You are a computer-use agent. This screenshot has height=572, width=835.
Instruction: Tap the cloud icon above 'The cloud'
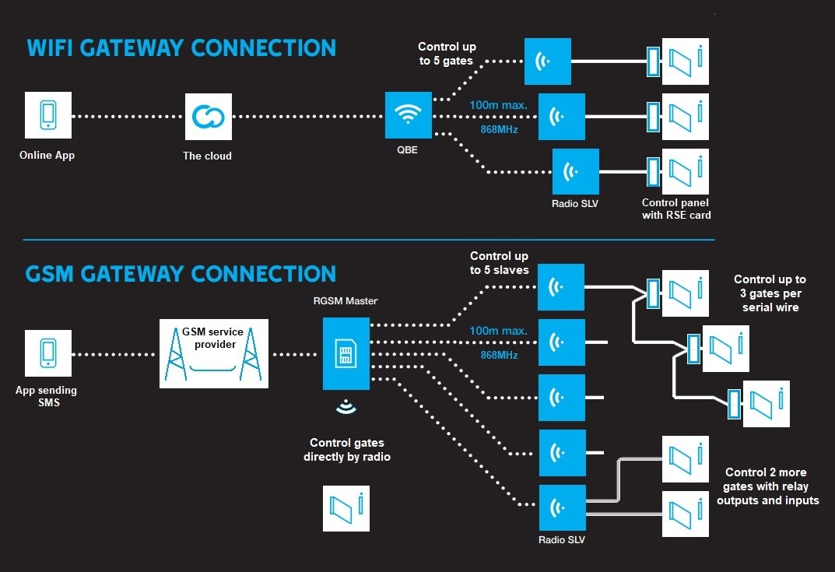[208, 117]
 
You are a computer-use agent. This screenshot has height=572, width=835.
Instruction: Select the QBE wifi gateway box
[407, 117]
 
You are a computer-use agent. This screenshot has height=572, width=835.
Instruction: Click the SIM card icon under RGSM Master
[346, 355]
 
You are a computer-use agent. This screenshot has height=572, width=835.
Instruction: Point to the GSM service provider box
[214, 353]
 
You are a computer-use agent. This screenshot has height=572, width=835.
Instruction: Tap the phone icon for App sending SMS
[47, 353]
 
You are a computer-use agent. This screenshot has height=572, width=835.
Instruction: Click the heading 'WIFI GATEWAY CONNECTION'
[181, 47]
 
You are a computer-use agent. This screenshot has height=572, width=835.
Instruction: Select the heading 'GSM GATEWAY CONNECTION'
[181, 275]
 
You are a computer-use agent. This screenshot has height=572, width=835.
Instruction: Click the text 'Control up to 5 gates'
[447, 54]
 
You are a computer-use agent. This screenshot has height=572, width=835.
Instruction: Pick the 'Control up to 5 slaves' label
[499, 263]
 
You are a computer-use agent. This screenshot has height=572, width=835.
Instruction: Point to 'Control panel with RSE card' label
[676, 209]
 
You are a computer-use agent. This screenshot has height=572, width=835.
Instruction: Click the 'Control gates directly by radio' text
[347, 450]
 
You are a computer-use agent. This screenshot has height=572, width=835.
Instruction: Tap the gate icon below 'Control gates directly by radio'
[346, 509]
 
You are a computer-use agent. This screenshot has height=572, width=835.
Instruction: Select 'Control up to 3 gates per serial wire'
[770, 293]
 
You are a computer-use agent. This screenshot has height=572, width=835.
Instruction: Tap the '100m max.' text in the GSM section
[498, 331]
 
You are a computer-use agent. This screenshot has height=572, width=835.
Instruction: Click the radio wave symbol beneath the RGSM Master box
[346, 407]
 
